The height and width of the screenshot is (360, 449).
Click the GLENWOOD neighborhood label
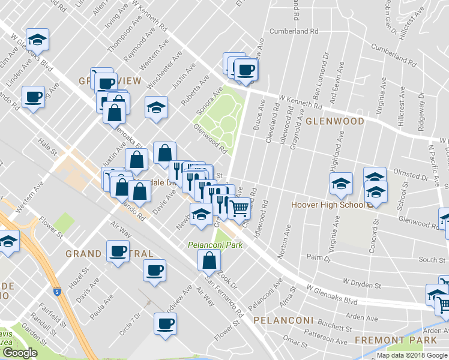point(335,121)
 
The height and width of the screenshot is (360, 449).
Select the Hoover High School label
point(327,205)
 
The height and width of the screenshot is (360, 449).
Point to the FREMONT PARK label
point(396,340)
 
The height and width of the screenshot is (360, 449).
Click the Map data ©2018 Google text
point(412,355)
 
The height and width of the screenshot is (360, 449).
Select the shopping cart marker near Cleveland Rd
point(240,208)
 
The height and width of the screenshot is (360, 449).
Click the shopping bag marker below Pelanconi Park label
point(209,260)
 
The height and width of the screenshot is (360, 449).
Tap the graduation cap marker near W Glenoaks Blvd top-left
point(37,40)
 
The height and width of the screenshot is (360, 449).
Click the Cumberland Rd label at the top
point(294,31)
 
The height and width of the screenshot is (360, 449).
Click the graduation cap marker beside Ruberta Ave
point(156,108)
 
